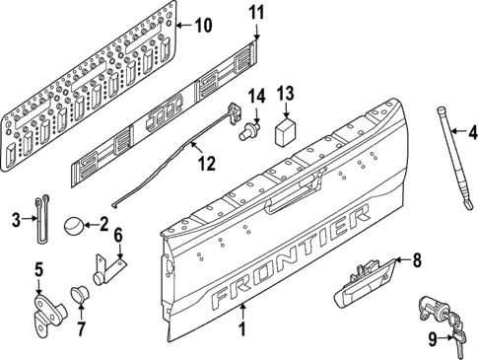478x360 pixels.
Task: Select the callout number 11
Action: point(256,13)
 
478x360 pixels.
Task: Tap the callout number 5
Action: point(39,268)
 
